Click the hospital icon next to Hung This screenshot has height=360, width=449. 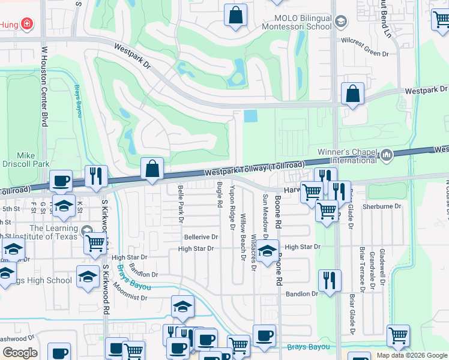pos(26,25)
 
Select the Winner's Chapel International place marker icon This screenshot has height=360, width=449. pos(387,155)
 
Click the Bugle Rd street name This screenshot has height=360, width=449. pos(220,195)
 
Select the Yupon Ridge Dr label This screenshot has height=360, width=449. pos(232,208)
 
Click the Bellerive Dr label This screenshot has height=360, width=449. pos(200,238)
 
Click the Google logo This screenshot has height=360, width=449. pos(19,353)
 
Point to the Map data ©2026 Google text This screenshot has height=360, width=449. pos(411,355)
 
